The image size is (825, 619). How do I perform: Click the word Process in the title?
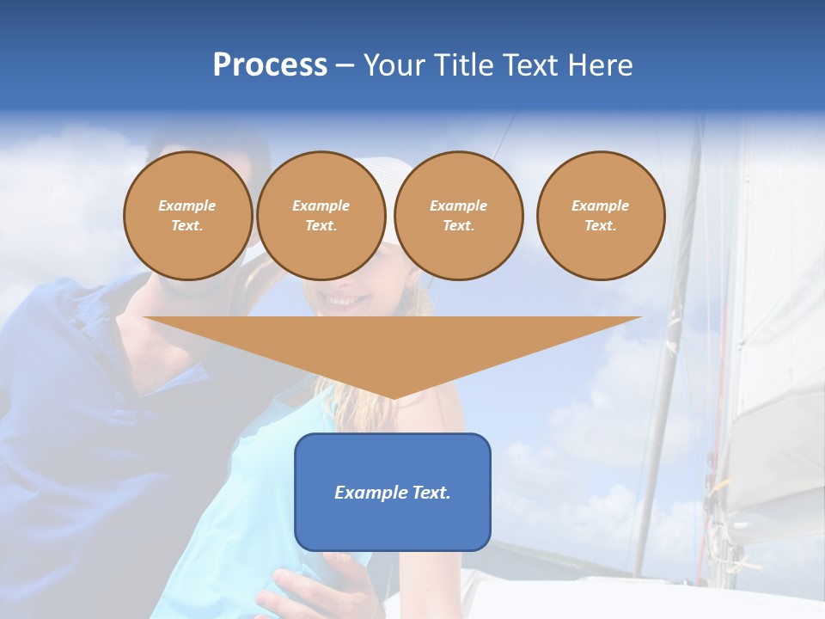(270, 65)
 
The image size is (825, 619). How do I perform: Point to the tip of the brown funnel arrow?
(394, 397)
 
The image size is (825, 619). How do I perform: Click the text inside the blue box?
(393, 493)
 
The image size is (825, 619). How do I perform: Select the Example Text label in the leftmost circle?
(187, 215)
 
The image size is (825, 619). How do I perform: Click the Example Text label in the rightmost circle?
(601, 215)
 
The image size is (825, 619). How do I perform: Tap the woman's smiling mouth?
(343, 301)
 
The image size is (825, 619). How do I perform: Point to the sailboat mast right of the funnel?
(666, 387)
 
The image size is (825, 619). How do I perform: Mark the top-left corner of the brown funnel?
(144, 317)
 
